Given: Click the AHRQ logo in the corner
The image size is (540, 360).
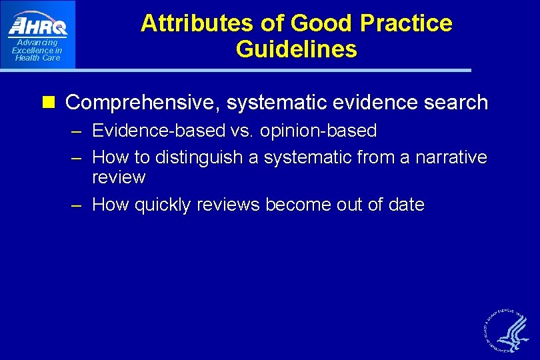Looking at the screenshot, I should click(x=38, y=26).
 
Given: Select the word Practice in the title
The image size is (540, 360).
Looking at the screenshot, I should click(x=406, y=23).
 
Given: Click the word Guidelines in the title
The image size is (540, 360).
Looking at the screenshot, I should click(x=296, y=49).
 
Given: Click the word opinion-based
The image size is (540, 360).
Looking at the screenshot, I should click(x=317, y=131).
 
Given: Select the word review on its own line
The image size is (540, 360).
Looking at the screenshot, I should click(x=119, y=177).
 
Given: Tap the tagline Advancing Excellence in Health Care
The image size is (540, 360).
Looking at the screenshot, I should click(x=37, y=50).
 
